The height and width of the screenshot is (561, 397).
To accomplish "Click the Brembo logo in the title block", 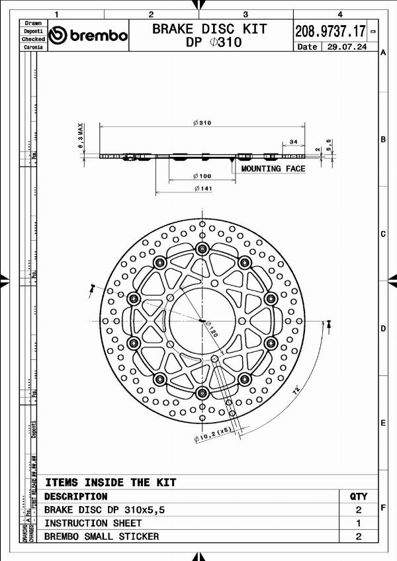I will (x=89, y=35).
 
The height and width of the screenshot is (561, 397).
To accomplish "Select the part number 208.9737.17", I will (x=330, y=30).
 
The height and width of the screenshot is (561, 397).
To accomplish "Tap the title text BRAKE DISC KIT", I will (x=210, y=28).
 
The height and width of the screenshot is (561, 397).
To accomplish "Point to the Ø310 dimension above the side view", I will (x=202, y=122).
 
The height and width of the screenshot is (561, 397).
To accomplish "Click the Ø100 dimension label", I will (x=202, y=176).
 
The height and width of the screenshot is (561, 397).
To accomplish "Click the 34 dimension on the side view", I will (x=293, y=141).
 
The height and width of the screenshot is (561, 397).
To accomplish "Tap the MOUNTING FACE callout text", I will (x=273, y=169).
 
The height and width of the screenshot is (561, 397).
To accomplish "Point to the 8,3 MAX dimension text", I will (x=79, y=137).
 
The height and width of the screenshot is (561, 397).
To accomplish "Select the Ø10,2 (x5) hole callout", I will (x=212, y=433).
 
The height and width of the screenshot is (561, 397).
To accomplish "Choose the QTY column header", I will (x=358, y=496).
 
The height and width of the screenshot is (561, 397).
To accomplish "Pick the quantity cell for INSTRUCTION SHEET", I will (x=358, y=523).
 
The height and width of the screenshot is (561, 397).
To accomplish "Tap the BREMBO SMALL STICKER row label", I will (x=101, y=537).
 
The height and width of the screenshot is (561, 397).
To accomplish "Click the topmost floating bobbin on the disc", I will (x=201, y=248).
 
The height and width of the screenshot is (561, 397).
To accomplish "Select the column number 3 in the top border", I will (x=245, y=14).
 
